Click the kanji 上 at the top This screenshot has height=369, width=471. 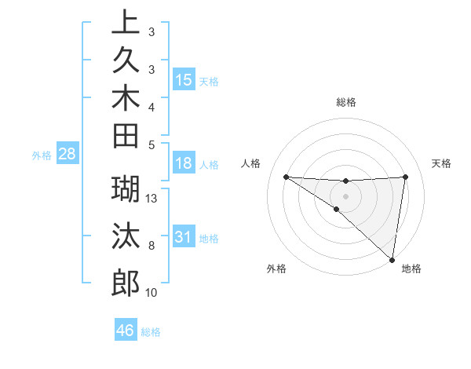[x=126, y=22]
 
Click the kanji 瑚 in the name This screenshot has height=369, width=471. [x=126, y=189]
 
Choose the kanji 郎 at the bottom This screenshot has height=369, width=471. [x=126, y=281]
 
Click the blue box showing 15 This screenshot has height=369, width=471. [x=184, y=79]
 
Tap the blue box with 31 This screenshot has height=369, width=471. [x=184, y=236]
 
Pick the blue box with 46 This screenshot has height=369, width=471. [x=126, y=330]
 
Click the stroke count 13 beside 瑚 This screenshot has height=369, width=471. [x=152, y=199]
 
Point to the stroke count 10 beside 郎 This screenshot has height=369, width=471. [x=152, y=293]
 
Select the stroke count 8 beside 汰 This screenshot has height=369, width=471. [x=152, y=246]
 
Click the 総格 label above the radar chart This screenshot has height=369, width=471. [x=345, y=102]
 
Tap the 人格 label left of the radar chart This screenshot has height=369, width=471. [x=251, y=163]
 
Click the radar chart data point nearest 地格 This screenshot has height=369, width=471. [x=392, y=259]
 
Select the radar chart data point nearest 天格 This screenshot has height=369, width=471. [x=405, y=177]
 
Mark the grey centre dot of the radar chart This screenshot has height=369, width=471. [x=345, y=195]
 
